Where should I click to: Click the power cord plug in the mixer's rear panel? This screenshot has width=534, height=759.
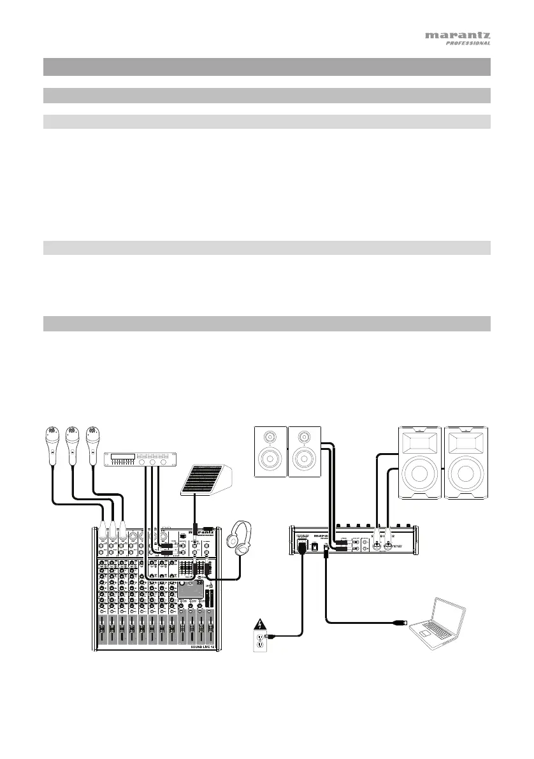301,547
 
